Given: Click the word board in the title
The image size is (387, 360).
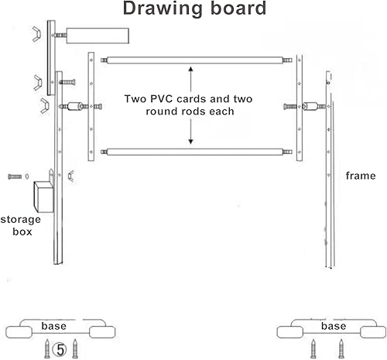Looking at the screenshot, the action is pyautogui.click(x=238, y=8).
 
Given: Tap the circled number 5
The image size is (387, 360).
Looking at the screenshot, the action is pyautogui.click(x=60, y=350).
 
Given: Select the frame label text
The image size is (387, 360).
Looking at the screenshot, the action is pyautogui.click(x=361, y=176).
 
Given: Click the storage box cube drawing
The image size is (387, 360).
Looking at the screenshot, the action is pyautogui.click(x=43, y=197).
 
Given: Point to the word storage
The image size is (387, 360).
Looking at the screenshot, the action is pyautogui.click(x=21, y=220).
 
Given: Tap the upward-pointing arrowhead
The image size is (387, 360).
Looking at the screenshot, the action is pyautogui.click(x=190, y=69).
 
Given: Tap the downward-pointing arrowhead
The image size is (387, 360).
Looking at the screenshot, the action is pyautogui.click(x=190, y=142).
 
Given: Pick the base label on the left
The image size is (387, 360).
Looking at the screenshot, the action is pyautogui.click(x=54, y=326).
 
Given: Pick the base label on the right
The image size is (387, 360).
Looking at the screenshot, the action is pyautogui.click(x=334, y=326).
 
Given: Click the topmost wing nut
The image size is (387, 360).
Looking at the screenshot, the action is pyautogui.click(x=36, y=34).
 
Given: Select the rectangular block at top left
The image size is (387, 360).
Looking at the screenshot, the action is pyautogui.click(x=98, y=36).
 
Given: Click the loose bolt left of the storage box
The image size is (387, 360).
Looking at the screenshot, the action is pyautogui.click(x=15, y=177).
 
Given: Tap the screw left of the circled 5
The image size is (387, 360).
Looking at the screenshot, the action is pyautogui.click(x=47, y=349).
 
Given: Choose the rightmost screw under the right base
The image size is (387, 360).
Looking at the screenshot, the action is pyautogui.click(x=341, y=349).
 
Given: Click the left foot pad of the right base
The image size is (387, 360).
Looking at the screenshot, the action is pyautogui.click(x=290, y=332).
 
